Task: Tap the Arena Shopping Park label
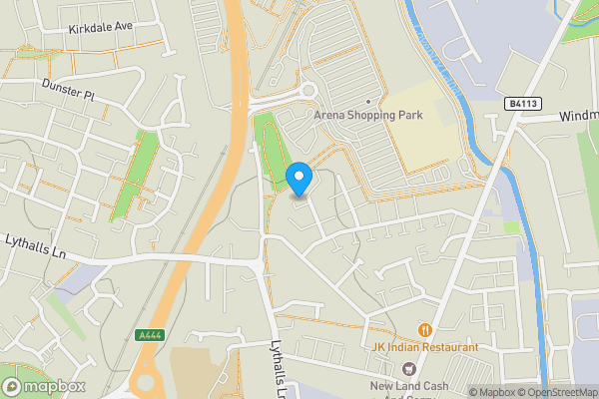point(368,115)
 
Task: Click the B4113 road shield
point(516,103)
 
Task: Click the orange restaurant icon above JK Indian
point(424,329)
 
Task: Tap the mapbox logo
point(44,386)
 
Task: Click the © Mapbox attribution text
point(495,392)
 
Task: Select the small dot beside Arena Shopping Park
point(368,102)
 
